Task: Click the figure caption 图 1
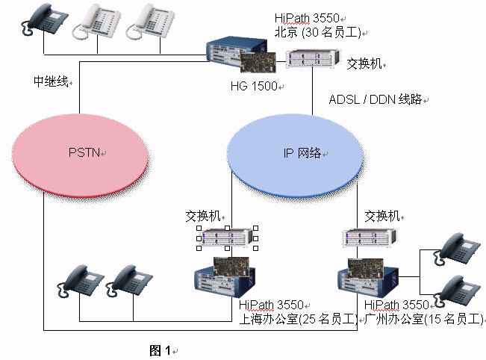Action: point(161,350)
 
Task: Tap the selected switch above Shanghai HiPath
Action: point(226,238)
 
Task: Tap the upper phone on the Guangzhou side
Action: point(456,248)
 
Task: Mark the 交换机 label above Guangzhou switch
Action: point(382,217)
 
